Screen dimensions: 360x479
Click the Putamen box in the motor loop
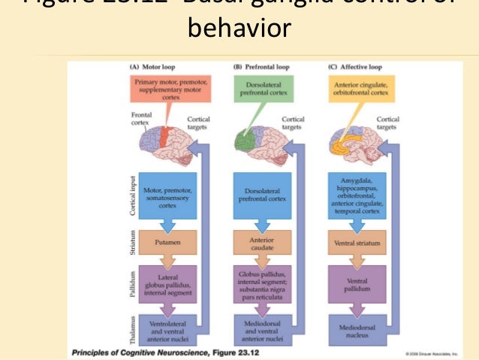pyautogui.click(x=166, y=243)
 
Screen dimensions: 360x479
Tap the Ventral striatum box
pyautogui.click(x=357, y=243)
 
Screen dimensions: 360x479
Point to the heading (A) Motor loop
pyautogui.click(x=153, y=68)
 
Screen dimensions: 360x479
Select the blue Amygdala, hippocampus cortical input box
pyautogui.click(x=357, y=196)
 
